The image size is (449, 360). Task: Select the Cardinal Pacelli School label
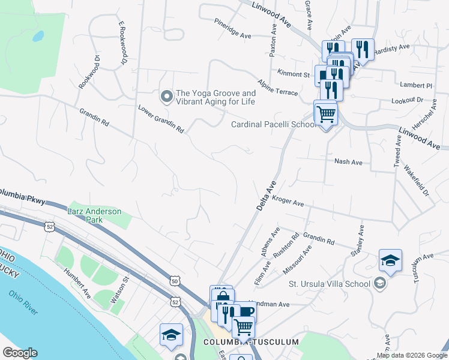click(x=274, y=125)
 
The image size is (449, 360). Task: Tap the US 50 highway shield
click(x=175, y=281)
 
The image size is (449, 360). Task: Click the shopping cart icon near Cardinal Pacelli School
click(x=325, y=113)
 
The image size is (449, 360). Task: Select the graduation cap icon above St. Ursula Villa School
click(x=390, y=261)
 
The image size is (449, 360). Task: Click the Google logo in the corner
click(x=20, y=352)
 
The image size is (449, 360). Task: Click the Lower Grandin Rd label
click(x=160, y=119)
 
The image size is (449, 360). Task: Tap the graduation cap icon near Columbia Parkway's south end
click(x=171, y=334)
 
